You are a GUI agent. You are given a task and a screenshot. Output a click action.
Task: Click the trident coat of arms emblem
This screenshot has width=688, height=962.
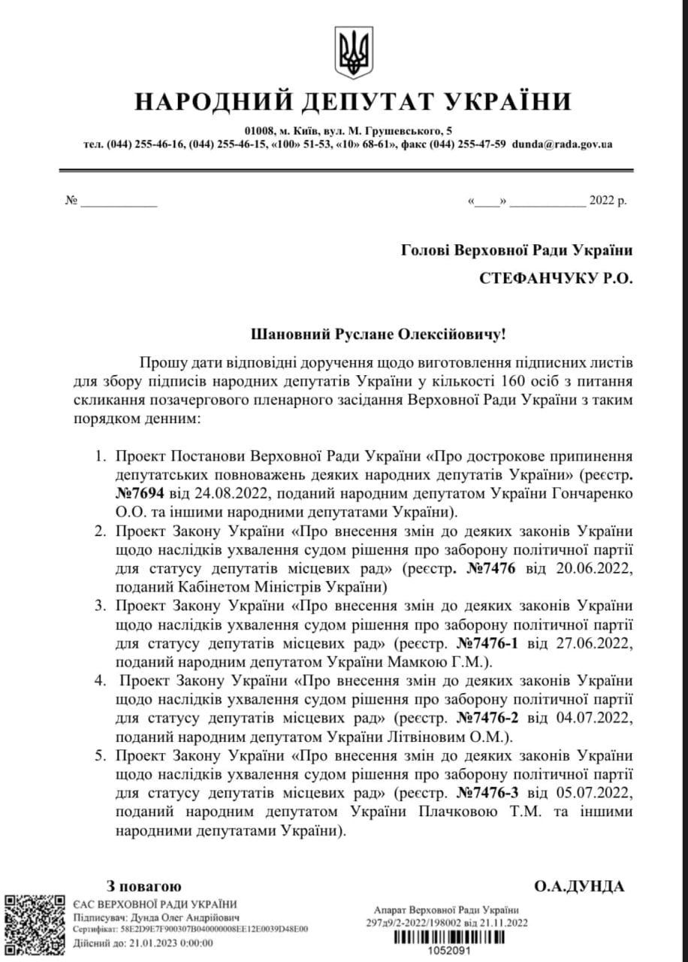[352, 53]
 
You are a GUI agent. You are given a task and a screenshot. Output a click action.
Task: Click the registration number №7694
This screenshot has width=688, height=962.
[142, 493]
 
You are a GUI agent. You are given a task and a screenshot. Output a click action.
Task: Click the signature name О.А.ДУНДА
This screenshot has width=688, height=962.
[579, 886]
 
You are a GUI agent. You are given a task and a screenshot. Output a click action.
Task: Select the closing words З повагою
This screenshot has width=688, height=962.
[143, 886]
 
